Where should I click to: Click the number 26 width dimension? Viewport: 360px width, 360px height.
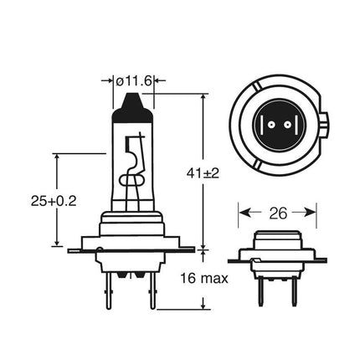278,213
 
